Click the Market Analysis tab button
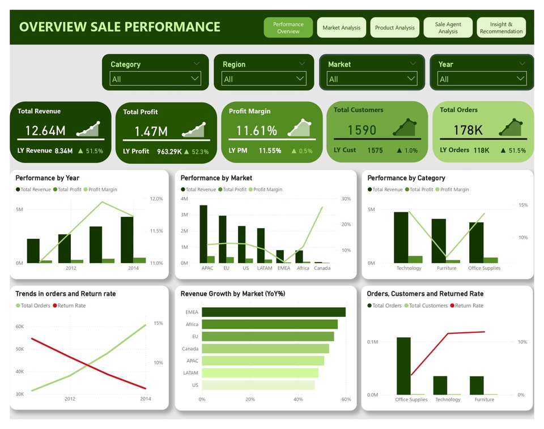pos(342,28)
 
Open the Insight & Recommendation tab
pos(501,28)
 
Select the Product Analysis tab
pos(395,28)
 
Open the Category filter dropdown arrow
pos(195,79)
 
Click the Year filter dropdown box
pos(482,79)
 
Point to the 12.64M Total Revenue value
pos(45,131)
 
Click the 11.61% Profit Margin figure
pos(257,131)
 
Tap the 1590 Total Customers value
pos(362,130)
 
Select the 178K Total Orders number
pos(468,130)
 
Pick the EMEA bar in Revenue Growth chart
pos(273,312)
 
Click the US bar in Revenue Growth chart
pos(258,385)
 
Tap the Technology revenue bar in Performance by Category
pos(401,237)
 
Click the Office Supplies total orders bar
pos(403,366)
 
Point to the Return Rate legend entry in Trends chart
pos(71,306)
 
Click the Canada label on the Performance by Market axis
pos(322,268)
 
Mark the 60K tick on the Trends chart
pos(20,327)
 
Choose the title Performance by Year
pos(48,178)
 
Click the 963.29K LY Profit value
pos(169,151)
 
